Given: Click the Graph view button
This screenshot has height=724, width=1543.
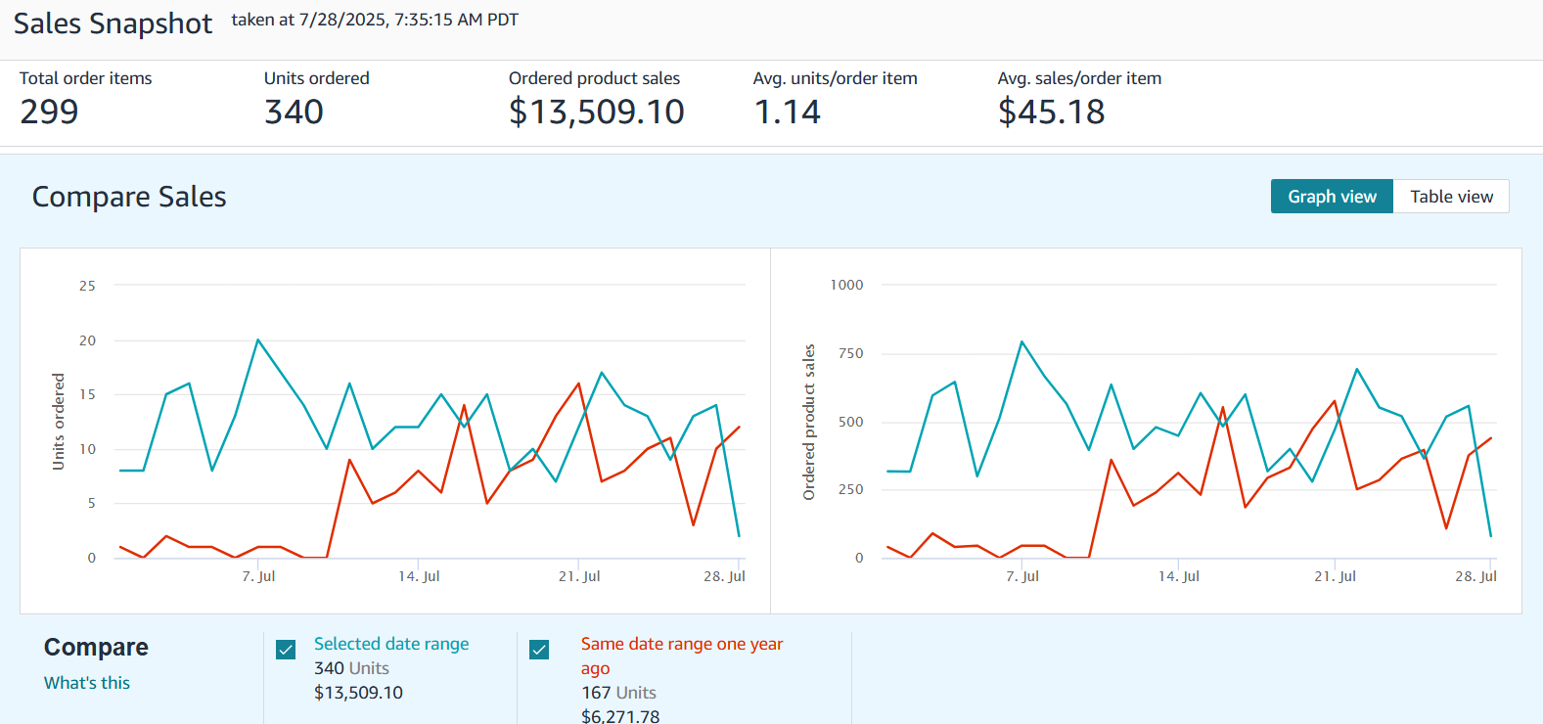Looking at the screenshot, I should (1332, 197).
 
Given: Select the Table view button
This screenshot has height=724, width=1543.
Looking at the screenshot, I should (1451, 197).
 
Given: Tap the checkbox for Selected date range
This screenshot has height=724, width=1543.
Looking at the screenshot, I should (286, 650).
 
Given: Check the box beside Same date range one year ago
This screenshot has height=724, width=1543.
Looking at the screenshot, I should (539, 650).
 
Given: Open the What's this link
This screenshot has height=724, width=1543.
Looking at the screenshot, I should (87, 683).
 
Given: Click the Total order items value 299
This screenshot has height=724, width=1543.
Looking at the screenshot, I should (49, 113).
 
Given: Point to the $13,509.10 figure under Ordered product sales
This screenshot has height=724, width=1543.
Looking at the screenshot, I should (596, 113).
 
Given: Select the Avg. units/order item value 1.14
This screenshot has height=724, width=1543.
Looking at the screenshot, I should (787, 113).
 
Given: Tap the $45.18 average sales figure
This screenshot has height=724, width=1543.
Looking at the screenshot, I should (1051, 113).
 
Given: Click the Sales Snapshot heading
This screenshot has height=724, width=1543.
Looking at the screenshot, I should (113, 23).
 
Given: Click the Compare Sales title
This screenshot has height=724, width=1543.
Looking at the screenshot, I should (129, 197).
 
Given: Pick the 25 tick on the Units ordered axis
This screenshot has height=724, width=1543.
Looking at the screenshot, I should (87, 286).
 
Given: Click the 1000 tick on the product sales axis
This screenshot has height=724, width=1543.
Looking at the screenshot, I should (846, 285).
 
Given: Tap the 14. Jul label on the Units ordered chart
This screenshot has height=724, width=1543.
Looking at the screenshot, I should (419, 576).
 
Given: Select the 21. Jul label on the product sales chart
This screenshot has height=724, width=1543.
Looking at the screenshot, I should (1335, 576).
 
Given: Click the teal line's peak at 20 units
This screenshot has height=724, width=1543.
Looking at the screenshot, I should (257, 340).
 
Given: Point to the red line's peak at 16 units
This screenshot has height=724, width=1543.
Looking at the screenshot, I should (579, 384).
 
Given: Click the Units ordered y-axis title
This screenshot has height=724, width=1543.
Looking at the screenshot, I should (59, 422).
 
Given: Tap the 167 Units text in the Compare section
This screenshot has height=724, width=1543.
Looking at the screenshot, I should (618, 693).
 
